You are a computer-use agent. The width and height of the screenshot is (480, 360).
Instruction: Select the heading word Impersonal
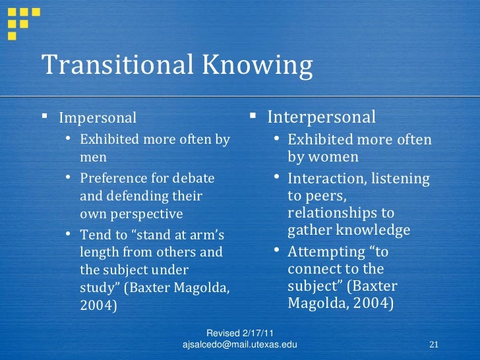click(x=98, y=118)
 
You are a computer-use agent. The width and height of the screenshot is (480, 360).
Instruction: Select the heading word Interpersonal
click(x=321, y=117)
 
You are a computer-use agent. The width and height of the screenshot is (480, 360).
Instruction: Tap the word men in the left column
click(x=93, y=158)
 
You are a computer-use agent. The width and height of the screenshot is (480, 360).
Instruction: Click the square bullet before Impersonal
click(x=45, y=117)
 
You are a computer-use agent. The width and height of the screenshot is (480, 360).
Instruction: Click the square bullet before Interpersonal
click(x=253, y=117)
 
